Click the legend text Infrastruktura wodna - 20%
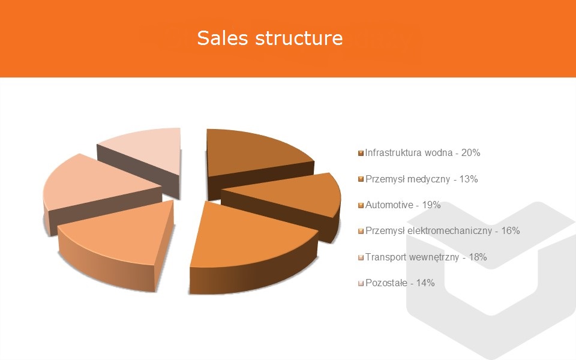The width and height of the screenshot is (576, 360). click(x=422, y=153)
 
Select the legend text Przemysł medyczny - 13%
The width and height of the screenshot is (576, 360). click(x=421, y=179)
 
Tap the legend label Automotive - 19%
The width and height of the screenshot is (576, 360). click(x=403, y=205)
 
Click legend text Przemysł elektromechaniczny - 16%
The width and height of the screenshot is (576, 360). click(x=442, y=230)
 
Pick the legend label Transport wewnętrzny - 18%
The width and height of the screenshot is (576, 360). click(x=426, y=257)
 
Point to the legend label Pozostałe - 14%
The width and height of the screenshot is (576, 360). click(x=400, y=283)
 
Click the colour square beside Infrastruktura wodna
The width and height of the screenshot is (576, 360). click(x=361, y=153)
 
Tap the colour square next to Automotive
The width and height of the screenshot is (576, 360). click(x=361, y=205)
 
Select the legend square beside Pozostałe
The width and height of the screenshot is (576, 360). click(x=361, y=283)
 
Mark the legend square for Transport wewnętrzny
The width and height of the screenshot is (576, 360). click(x=361, y=257)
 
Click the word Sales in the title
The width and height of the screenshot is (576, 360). click(x=223, y=37)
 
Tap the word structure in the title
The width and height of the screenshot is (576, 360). click(x=299, y=38)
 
